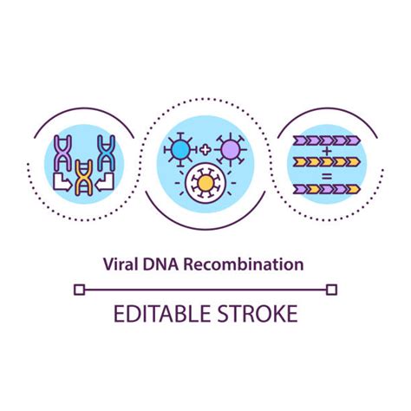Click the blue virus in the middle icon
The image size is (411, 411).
point(179,149)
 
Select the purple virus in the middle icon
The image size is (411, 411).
point(230,150)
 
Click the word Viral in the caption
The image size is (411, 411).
point(121,261)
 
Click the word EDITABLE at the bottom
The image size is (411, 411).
point(160,313)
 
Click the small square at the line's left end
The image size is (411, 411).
point(79,290)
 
